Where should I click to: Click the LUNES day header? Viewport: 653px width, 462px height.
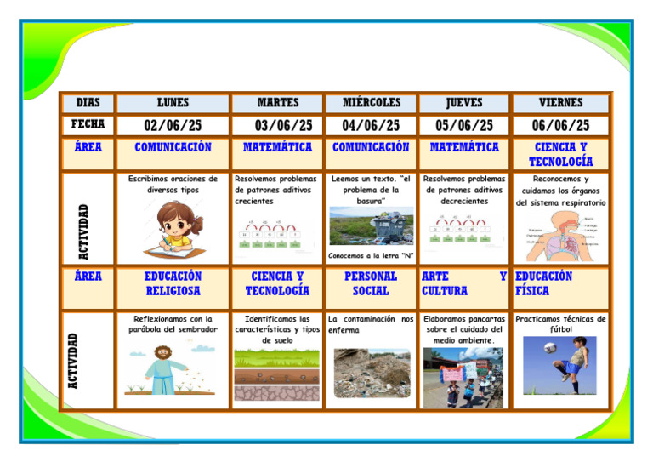pos(173,103)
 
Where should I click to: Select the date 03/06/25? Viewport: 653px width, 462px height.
pos(277,126)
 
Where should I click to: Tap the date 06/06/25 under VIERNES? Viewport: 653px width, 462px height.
pos(560,126)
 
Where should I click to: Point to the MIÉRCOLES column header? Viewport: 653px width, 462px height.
pos(371,103)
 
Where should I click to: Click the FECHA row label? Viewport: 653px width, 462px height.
pos(88,125)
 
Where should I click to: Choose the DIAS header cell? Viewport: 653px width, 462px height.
pos(88,103)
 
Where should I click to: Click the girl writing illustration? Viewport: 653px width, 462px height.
pos(173,229)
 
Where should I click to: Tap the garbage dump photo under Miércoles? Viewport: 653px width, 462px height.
pos(371,226)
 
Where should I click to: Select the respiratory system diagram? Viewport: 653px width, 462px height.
pos(561,234)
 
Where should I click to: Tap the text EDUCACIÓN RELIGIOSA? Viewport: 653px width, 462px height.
pos(173,283)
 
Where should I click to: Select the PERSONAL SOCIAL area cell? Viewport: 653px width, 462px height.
pos(371,283)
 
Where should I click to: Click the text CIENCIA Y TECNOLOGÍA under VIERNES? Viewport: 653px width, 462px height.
pos(560,154)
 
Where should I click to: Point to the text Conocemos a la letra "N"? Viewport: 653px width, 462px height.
pos(371,255)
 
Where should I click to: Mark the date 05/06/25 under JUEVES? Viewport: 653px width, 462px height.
pos(463,126)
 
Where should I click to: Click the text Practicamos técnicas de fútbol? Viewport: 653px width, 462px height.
pos(560,324)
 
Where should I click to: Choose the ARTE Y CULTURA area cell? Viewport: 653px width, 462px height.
pos(463,283)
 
